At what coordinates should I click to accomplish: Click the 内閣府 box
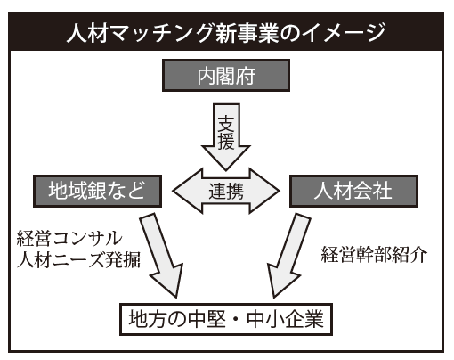(x=226, y=75)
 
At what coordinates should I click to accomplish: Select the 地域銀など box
(x=97, y=191)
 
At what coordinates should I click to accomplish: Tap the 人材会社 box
(x=353, y=191)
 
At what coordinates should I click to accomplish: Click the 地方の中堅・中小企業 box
(x=226, y=319)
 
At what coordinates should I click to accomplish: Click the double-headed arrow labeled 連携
(x=226, y=191)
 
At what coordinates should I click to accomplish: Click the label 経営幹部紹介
(x=374, y=255)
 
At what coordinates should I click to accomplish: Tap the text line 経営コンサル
(x=69, y=238)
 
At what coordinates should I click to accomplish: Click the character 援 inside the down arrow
(x=226, y=141)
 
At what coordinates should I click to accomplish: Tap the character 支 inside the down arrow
(x=226, y=123)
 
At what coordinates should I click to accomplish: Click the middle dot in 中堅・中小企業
(x=236, y=320)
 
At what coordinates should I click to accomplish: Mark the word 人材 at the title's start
(x=87, y=32)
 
